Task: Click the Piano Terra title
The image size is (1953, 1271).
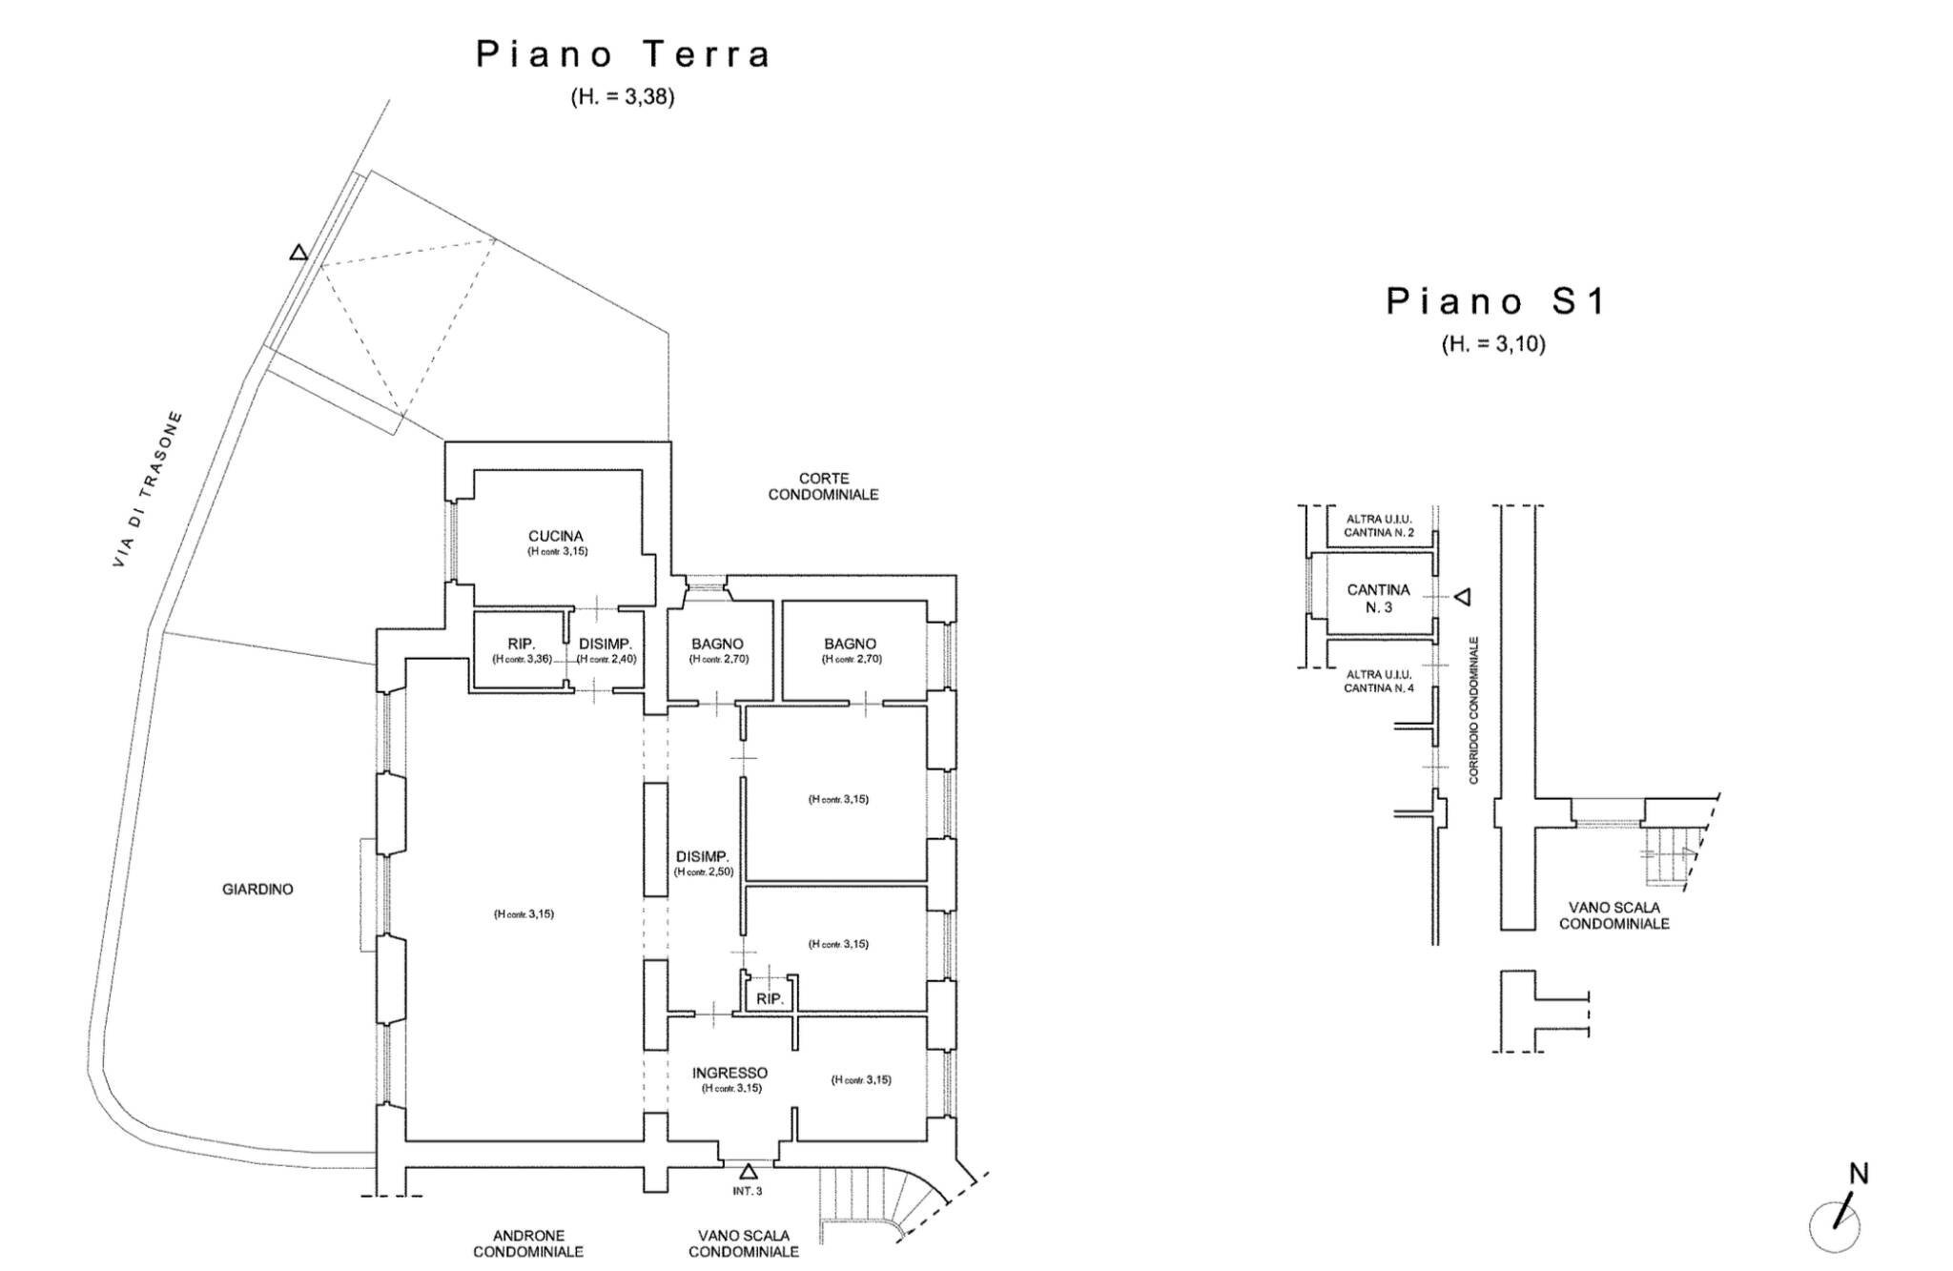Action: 623,54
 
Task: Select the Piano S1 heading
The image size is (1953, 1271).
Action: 1494,301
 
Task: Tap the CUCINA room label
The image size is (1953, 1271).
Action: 555,537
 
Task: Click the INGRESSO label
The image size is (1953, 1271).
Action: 730,1073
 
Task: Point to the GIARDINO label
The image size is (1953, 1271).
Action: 257,889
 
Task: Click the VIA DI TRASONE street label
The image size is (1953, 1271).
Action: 147,490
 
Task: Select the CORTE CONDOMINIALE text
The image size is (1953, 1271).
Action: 823,486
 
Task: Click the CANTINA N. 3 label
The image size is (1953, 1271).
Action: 1378,598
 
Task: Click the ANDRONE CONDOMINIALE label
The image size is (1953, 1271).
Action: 528,1243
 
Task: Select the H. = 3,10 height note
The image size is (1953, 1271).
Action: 1492,344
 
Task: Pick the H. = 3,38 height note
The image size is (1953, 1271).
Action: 623,96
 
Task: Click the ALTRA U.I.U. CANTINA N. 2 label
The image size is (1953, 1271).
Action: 1378,525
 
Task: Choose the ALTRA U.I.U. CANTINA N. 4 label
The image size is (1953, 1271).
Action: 1378,681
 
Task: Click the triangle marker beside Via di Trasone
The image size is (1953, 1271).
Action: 298,253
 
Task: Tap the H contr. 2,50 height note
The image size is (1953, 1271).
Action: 703,871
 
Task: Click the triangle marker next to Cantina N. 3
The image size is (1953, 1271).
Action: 1462,597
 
